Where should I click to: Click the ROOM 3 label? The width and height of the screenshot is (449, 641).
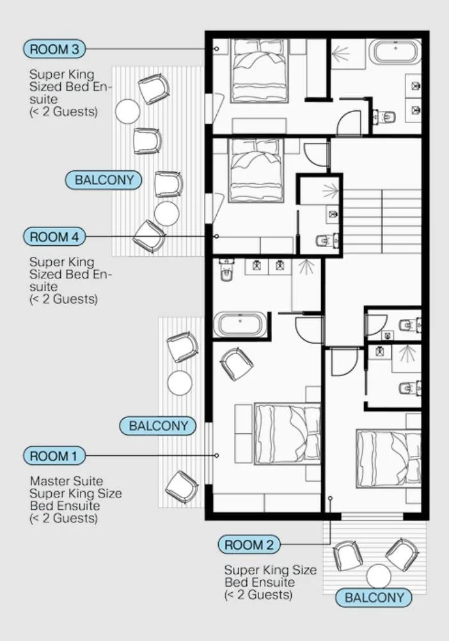pyautogui.click(x=54, y=49)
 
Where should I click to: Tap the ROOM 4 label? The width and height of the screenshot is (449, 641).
pyautogui.click(x=54, y=237)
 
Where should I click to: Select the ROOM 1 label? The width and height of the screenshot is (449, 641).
pyautogui.click(x=54, y=456)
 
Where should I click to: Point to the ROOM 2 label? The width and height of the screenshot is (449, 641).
pyautogui.click(x=249, y=544)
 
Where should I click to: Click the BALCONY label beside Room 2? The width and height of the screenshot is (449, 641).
pyautogui.click(x=374, y=597)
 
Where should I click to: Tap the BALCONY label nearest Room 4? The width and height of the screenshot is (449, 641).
pyautogui.click(x=104, y=180)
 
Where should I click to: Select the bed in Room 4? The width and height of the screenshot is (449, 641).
pyautogui.click(x=256, y=170)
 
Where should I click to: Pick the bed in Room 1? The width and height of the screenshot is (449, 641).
pyautogui.click(x=288, y=434)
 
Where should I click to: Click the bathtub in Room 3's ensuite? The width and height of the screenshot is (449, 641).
pyautogui.click(x=395, y=53)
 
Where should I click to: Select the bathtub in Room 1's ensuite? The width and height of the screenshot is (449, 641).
pyautogui.click(x=240, y=325)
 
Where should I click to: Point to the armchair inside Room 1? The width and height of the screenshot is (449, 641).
pyautogui.click(x=236, y=364)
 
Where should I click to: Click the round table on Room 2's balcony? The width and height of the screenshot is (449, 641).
pyautogui.click(x=379, y=576)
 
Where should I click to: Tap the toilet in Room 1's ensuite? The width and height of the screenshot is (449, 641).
pyautogui.click(x=225, y=270)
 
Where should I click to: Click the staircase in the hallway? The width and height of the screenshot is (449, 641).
pyautogui.click(x=382, y=221)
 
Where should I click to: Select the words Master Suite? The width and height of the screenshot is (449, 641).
pyautogui.click(x=67, y=481)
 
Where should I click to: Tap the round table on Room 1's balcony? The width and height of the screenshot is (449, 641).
pyautogui.click(x=180, y=383)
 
